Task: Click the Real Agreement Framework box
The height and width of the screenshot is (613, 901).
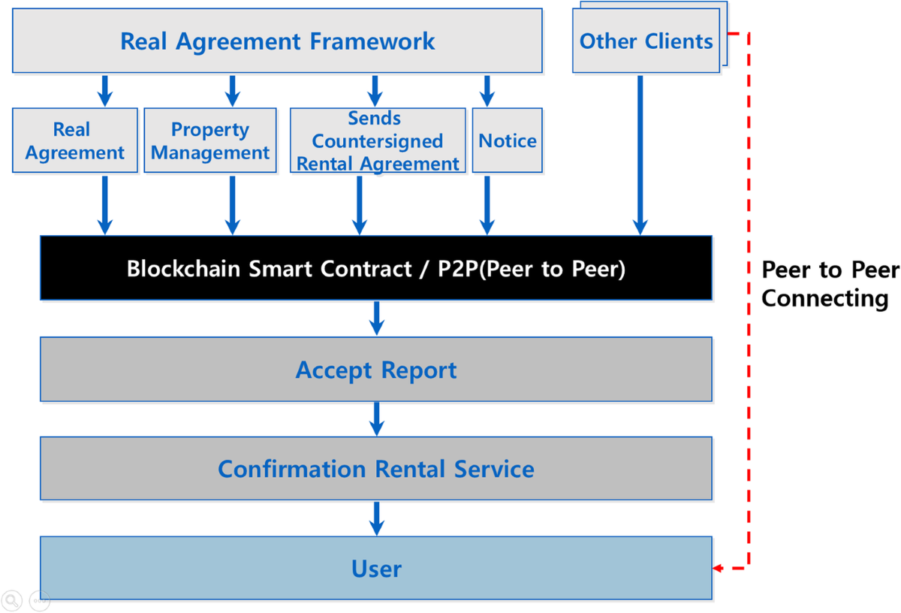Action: (x=277, y=41)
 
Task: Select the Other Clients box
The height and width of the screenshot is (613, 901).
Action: (x=646, y=41)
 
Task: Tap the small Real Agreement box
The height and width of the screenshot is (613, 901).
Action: (x=75, y=140)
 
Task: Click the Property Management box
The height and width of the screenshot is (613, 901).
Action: (x=210, y=140)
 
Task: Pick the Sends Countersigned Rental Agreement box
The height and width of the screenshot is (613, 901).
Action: (x=378, y=140)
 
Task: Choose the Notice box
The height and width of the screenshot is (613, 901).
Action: (x=508, y=140)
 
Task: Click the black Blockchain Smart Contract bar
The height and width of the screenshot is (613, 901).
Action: (x=375, y=268)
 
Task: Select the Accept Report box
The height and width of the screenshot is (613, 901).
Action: (x=375, y=370)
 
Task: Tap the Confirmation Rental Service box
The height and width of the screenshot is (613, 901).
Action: (x=375, y=469)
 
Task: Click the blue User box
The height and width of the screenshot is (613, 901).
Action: (x=375, y=568)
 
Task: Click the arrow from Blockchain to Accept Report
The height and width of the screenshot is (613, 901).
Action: (x=377, y=318)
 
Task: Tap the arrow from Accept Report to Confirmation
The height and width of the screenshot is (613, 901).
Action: (x=377, y=418)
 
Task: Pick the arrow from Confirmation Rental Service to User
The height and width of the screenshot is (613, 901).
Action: (x=377, y=518)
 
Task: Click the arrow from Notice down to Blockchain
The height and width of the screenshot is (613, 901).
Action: (x=487, y=204)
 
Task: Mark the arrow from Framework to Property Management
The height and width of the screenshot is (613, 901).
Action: (x=232, y=91)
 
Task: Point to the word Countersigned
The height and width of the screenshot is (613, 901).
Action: (x=378, y=141)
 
